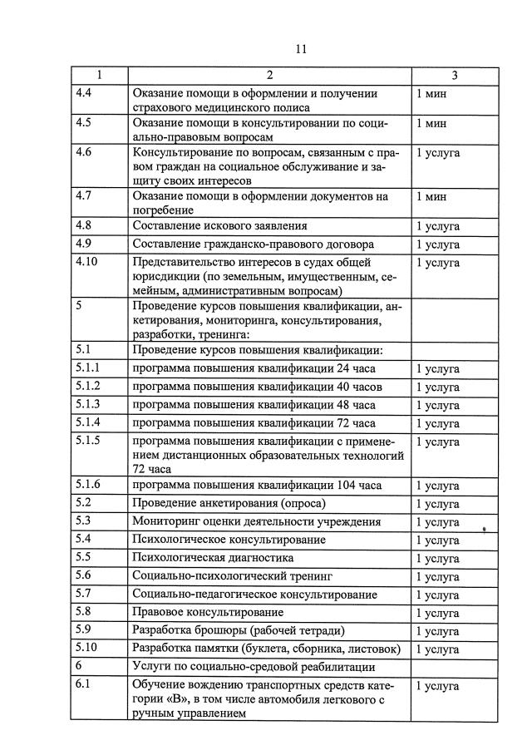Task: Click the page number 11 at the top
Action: click(301, 49)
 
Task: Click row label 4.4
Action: click(82, 93)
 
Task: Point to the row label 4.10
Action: click(86, 262)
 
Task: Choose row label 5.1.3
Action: click(87, 404)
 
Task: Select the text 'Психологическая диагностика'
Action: click(213, 558)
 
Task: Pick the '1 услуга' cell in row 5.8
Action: click(437, 613)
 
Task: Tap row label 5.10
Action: click(86, 648)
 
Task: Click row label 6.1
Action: click(82, 684)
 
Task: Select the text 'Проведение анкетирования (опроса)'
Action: click(229, 503)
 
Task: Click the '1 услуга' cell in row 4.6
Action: click(437, 153)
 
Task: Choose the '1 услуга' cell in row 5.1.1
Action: click(437, 368)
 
